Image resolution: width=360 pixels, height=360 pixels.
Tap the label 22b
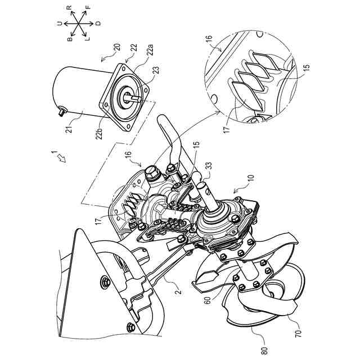(100, 133)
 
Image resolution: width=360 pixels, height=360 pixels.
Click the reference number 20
(117, 47)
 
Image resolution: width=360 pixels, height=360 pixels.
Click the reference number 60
(208, 300)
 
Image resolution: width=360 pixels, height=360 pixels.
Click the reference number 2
(179, 291)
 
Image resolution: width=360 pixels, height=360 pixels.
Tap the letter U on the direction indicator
(60, 23)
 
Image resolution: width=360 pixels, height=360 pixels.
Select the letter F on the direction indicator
(88, 7)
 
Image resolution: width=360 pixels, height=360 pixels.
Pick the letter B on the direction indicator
(70, 39)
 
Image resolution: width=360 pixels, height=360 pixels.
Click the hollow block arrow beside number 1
(61, 158)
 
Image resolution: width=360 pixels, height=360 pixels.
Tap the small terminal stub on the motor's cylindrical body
(61, 112)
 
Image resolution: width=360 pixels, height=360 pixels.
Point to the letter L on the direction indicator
(88, 39)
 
